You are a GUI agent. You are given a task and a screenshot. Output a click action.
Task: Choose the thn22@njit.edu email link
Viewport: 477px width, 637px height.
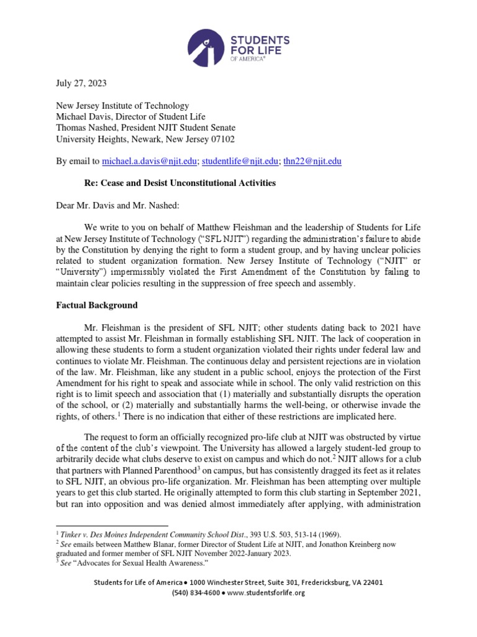[312, 161]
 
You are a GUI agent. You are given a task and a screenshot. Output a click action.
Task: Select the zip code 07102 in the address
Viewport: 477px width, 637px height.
[222, 139]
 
